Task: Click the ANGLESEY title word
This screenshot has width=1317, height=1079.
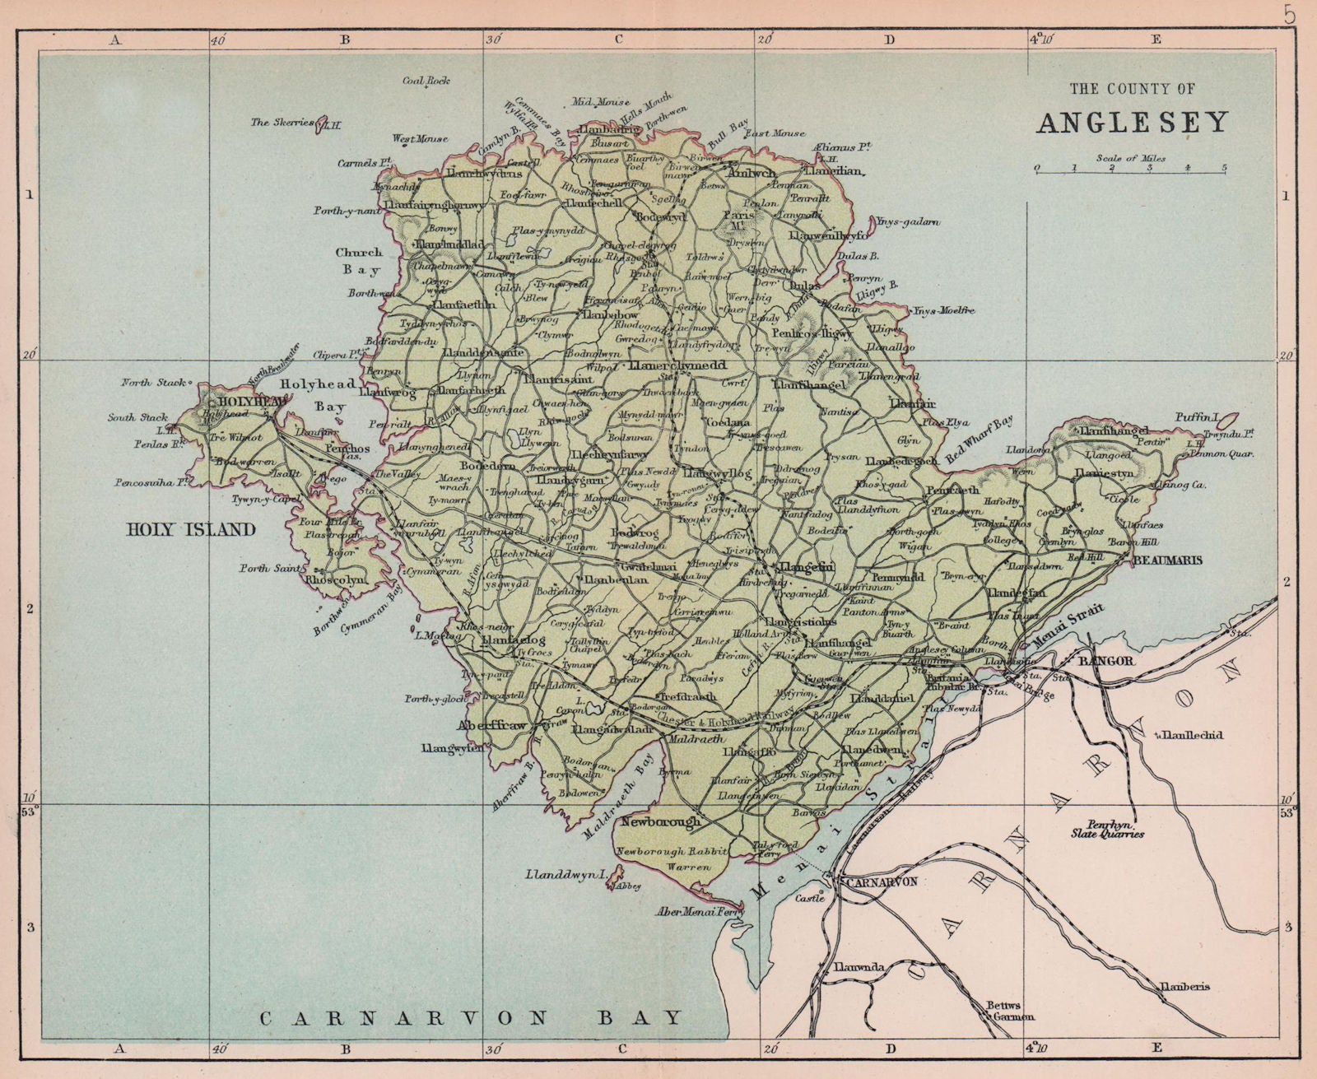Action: (x=1132, y=123)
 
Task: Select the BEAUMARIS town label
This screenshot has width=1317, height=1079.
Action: (x=1167, y=560)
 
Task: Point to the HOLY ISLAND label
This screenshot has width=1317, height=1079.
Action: (x=191, y=530)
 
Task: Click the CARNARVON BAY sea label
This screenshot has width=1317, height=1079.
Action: (x=472, y=1018)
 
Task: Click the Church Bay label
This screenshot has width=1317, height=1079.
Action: (x=358, y=261)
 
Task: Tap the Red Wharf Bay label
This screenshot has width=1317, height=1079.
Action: (x=980, y=440)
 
